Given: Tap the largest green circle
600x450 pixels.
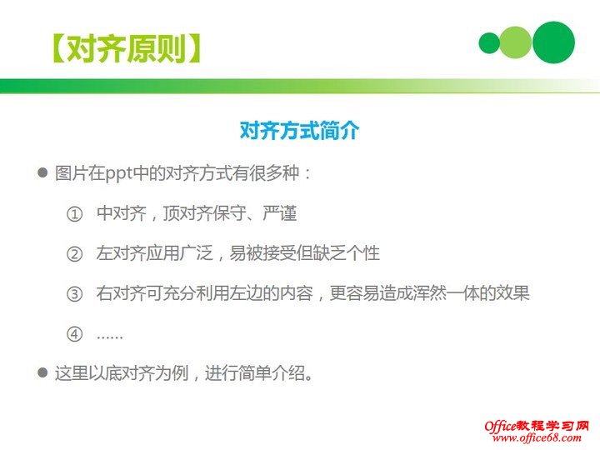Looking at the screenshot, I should (x=553, y=42).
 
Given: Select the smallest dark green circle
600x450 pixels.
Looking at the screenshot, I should (x=489, y=43).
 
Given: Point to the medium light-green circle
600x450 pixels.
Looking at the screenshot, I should (x=516, y=42).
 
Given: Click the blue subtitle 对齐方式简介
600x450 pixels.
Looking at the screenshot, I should (x=299, y=131).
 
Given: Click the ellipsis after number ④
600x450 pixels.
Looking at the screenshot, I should (x=110, y=335).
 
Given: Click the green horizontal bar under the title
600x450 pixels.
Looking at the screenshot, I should (x=300, y=86).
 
